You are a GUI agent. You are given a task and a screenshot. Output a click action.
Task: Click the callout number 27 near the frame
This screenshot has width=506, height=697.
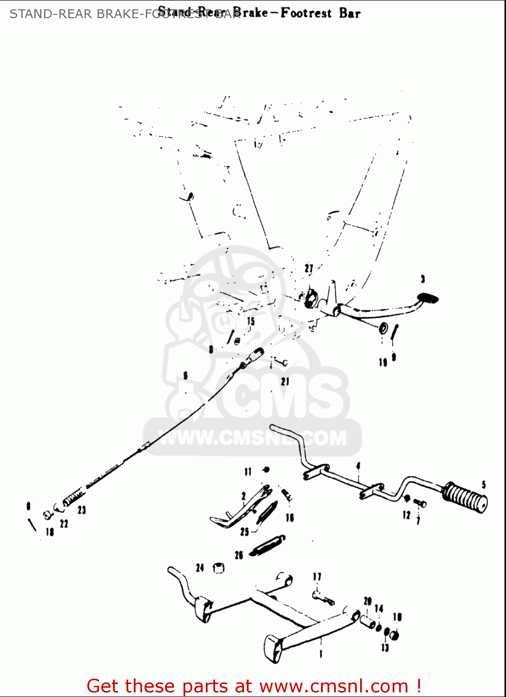tap(309, 269)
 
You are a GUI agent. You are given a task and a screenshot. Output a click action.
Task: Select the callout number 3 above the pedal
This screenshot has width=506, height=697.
tap(422, 279)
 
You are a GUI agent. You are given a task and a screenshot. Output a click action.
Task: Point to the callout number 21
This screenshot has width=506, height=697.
tap(285, 381)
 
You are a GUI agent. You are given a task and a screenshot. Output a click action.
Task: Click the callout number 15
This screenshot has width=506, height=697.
tap(251, 321)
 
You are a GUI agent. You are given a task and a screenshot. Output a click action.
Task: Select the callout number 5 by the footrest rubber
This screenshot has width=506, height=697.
tap(484, 485)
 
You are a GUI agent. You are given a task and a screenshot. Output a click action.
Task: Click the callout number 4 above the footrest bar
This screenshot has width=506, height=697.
tap(358, 466)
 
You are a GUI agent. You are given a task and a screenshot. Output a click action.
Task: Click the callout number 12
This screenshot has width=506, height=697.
tap(407, 515)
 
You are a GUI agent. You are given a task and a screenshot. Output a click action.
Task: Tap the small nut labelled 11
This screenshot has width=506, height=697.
tap(266, 470)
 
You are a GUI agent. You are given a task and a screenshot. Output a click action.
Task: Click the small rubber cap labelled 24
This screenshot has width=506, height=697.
tap(218, 568)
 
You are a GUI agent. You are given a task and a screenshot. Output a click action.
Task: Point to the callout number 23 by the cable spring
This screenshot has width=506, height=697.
tap(82, 510)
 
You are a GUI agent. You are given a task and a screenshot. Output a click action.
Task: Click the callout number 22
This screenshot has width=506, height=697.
tap(64, 524)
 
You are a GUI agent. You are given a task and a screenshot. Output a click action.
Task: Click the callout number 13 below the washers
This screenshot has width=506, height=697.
tap(385, 647)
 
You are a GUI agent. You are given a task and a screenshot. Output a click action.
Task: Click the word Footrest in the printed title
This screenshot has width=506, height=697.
tap(306, 13)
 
